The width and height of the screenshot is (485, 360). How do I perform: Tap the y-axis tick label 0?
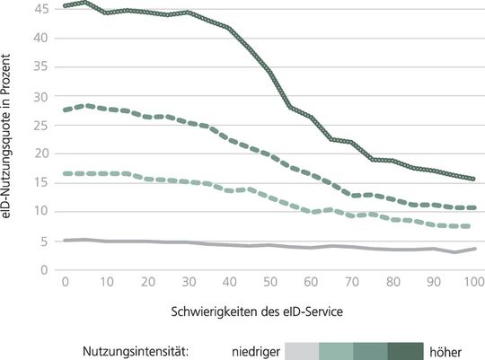[x=42, y=269]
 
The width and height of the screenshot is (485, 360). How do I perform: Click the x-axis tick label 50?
[x=267, y=282]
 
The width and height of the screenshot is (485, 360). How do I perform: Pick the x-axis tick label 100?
[x=467, y=282]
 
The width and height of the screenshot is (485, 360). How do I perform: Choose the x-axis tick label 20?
[x=146, y=282]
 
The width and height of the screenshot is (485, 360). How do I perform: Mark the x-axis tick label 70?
[x=347, y=282]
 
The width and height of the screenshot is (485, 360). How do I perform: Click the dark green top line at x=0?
[x=66, y=6]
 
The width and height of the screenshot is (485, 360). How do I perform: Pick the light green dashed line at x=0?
[x=66, y=173]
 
